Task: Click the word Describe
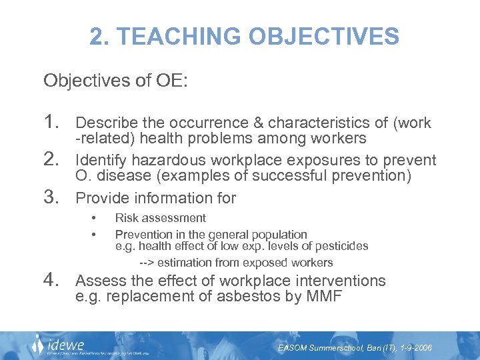click(x=104, y=123)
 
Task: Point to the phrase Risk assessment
click(x=161, y=218)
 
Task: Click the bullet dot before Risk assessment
click(x=95, y=218)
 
